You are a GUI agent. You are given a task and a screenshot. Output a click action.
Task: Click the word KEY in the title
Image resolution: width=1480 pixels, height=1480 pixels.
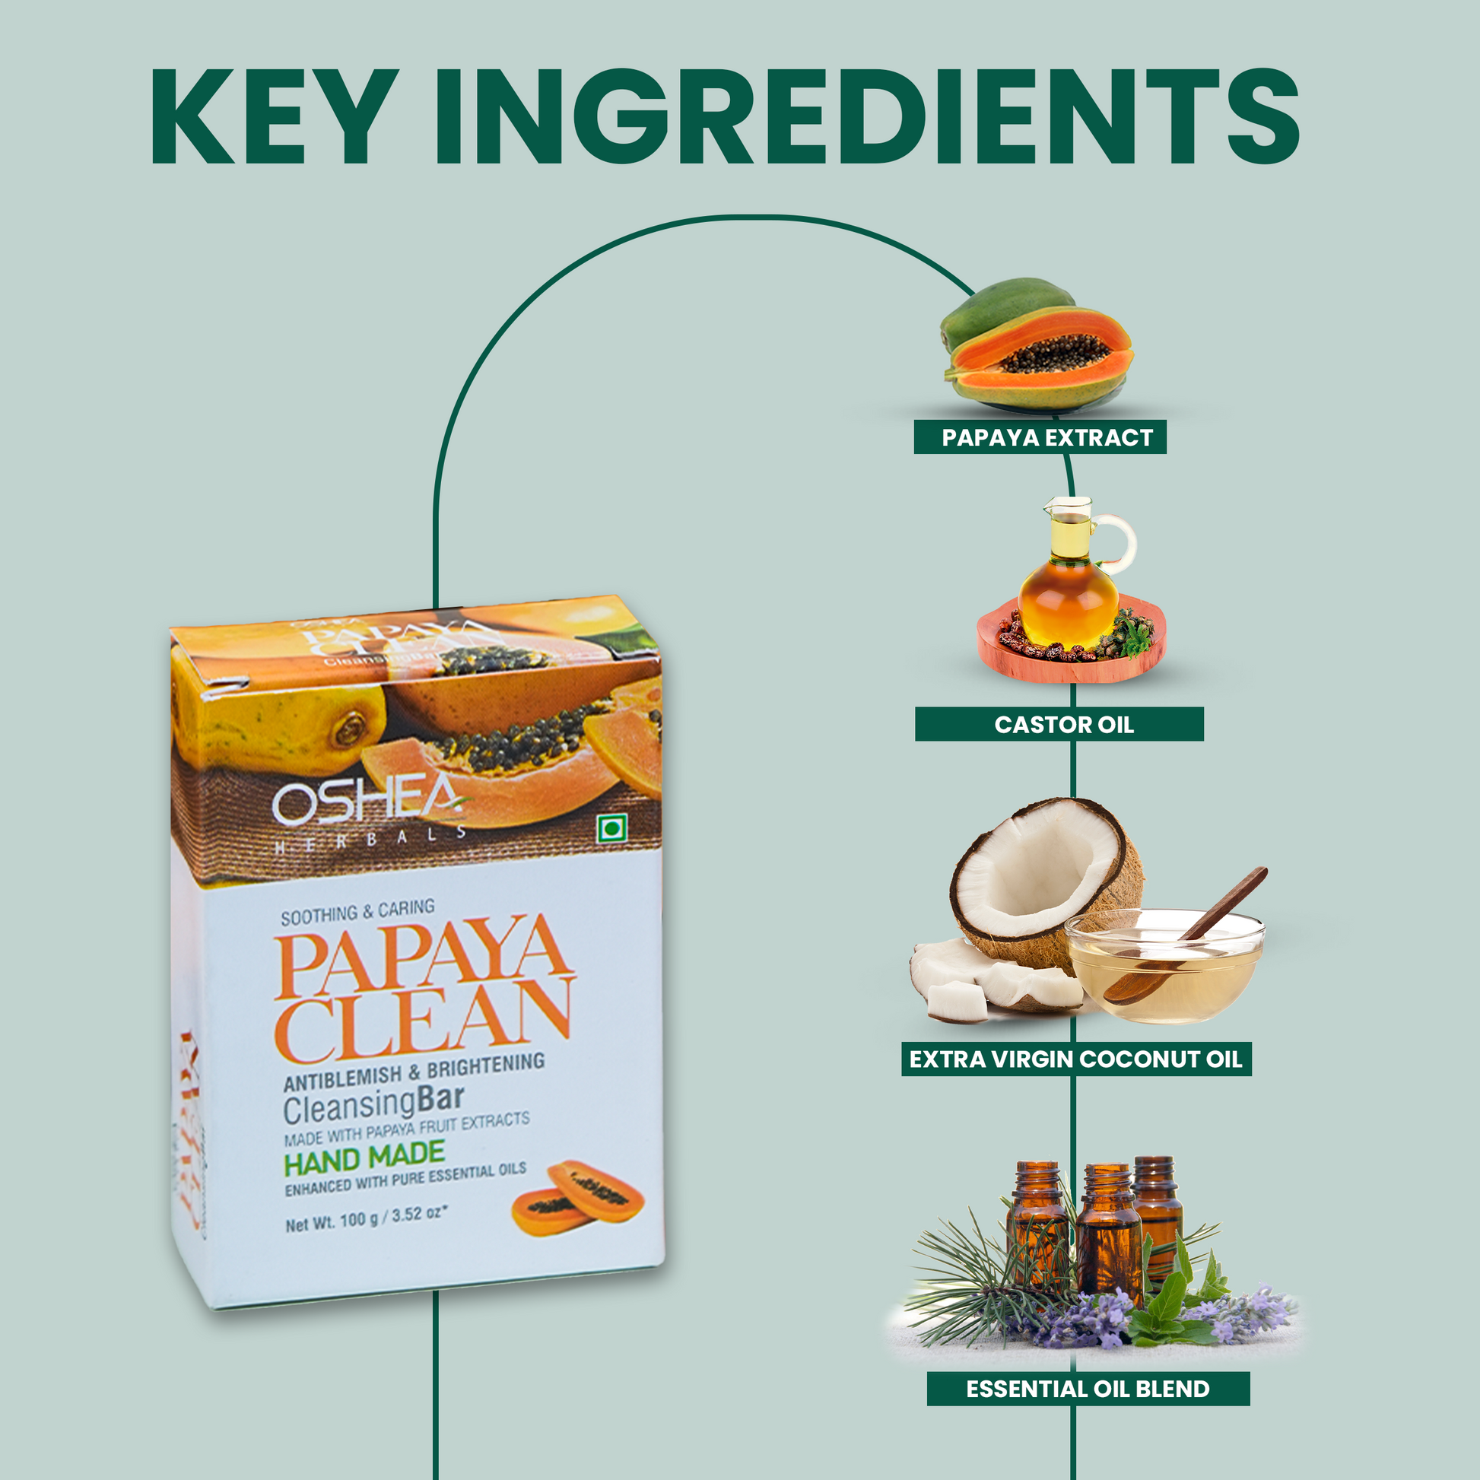pyautogui.click(x=276, y=116)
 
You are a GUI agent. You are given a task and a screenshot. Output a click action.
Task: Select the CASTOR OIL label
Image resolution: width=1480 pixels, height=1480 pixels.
pyautogui.click(x=1062, y=724)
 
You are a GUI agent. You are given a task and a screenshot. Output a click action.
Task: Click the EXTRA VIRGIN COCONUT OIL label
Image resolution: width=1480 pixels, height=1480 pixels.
pyautogui.click(x=1075, y=1059)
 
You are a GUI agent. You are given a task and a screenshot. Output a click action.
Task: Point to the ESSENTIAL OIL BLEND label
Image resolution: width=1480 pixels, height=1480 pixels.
pyautogui.click(x=1088, y=1389)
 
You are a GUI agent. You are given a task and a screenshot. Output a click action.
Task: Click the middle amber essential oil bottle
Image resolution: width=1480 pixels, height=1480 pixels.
pyautogui.click(x=1107, y=1234)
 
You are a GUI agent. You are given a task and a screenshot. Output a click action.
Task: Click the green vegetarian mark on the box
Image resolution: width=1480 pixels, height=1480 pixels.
pyautogui.click(x=611, y=830)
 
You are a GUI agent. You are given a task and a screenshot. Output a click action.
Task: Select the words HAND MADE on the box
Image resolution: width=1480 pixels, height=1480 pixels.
pyautogui.click(x=364, y=1159)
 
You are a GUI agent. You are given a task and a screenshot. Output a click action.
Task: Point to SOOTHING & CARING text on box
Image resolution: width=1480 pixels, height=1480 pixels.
pyautogui.click(x=357, y=912)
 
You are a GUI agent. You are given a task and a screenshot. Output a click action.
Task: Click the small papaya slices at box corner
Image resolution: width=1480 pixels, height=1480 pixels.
pyautogui.click(x=577, y=1199)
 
